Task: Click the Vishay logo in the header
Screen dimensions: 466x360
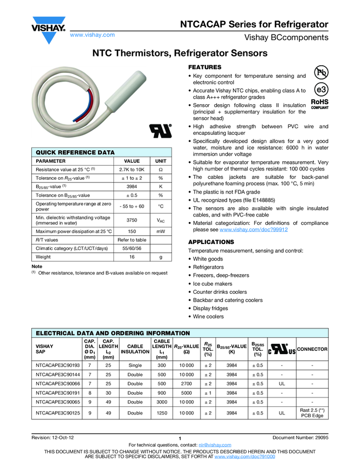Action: (x=48, y=27)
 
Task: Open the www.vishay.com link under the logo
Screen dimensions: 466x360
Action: (x=92, y=35)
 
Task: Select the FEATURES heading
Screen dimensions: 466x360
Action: (x=204, y=66)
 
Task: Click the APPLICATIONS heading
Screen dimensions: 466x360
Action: (x=211, y=242)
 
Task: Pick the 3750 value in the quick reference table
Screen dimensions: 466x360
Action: (x=132, y=220)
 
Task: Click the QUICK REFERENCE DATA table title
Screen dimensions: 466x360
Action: (x=75, y=152)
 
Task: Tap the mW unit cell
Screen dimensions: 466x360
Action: (x=161, y=232)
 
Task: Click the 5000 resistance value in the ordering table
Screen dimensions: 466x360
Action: (x=186, y=393)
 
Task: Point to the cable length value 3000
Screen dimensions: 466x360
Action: (x=162, y=402)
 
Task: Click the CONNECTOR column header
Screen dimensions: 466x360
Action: (x=312, y=349)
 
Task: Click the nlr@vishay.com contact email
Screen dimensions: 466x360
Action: (x=215, y=445)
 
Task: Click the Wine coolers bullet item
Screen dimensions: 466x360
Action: (x=208, y=317)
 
